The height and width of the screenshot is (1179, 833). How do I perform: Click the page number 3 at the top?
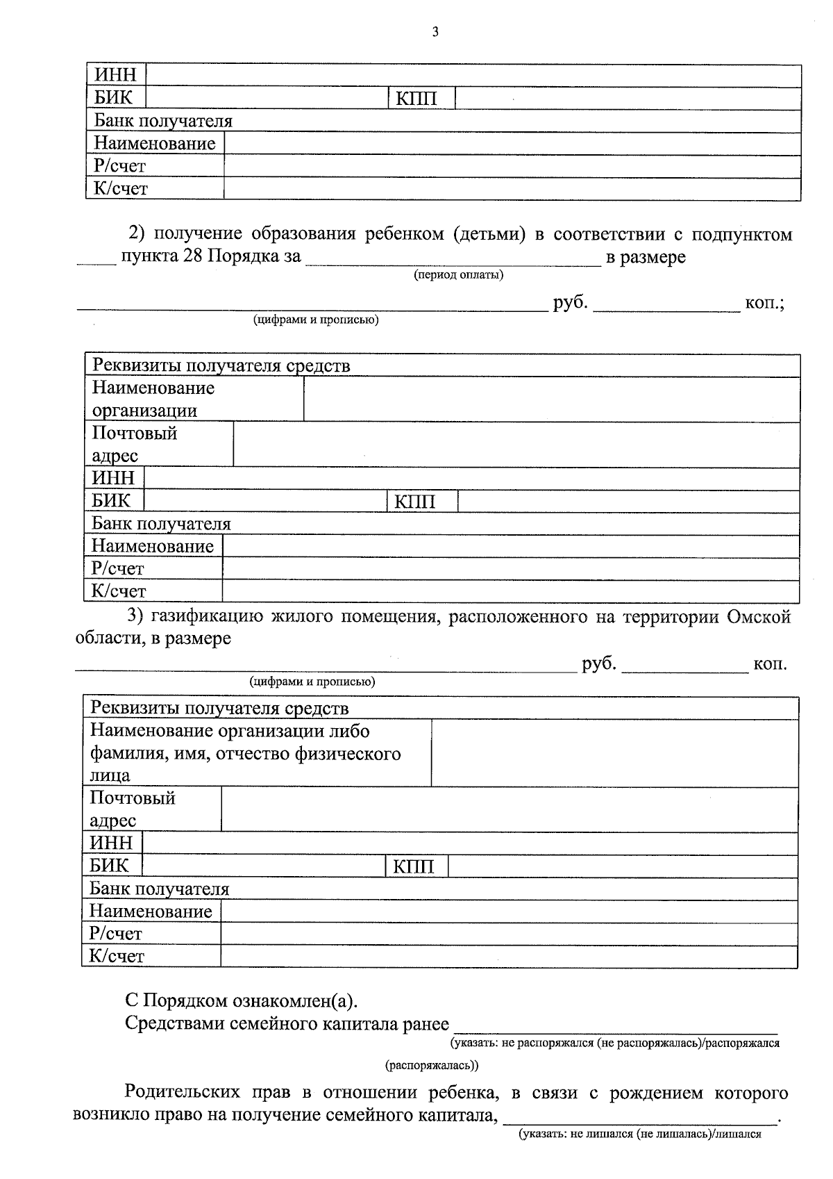(x=435, y=32)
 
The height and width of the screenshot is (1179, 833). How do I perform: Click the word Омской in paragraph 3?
(x=759, y=617)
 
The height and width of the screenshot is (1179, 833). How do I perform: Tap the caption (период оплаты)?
(x=458, y=275)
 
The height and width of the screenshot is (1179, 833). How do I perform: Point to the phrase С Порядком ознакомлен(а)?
(x=242, y=1002)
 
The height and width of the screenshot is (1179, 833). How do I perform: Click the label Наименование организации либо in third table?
(x=230, y=732)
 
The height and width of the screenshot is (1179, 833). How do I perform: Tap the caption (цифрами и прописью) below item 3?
(x=312, y=682)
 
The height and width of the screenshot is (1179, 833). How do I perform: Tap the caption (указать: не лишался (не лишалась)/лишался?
(x=640, y=1135)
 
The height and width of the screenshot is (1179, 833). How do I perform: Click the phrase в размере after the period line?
(x=646, y=257)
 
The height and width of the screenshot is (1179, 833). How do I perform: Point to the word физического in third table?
(x=348, y=754)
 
